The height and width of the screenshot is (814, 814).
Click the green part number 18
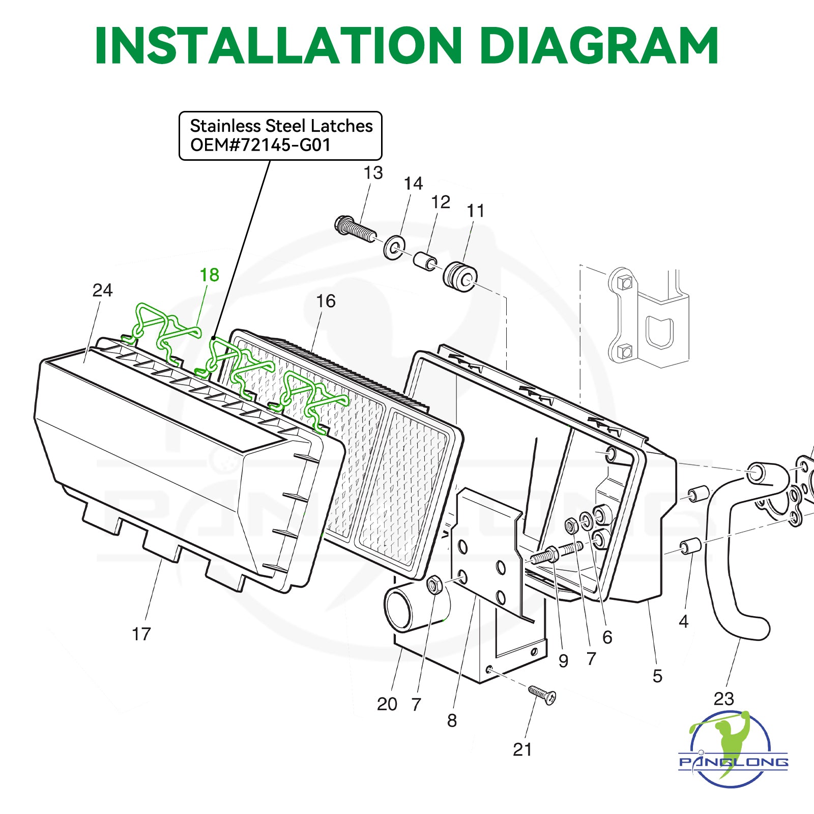coord(209,275)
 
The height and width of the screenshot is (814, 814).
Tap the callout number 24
coord(102,290)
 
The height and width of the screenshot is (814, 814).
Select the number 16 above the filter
coord(326,301)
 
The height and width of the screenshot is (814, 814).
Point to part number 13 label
coord(373,173)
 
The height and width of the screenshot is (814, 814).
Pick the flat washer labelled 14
coord(394,247)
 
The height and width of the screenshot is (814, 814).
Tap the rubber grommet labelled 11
coord(460,276)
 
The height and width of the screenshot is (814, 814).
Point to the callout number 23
coord(723,699)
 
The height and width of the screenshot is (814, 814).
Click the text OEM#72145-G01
coord(260,146)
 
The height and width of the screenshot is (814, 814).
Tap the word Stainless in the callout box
coord(225,126)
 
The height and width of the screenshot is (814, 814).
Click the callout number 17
coord(141,634)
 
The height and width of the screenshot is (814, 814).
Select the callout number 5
coord(657,676)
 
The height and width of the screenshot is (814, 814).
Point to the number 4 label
coord(683,621)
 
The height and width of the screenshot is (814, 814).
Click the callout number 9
coord(563,661)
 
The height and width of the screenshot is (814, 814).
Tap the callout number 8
coord(452,720)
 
